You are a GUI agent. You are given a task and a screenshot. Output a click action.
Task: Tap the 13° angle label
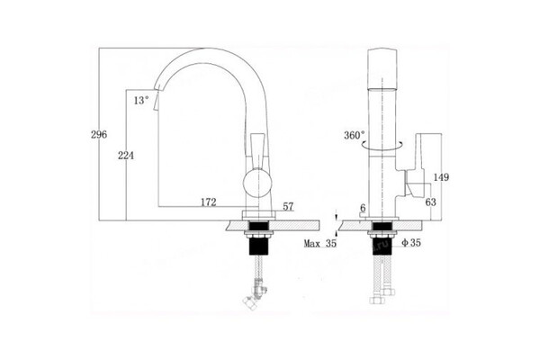[140, 101]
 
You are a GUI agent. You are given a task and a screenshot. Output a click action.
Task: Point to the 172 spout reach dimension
[209, 203]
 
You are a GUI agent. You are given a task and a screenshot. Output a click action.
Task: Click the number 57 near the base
[289, 207]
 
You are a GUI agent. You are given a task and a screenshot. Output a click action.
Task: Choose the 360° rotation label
[354, 136]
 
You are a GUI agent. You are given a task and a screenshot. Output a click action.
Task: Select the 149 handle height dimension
[443, 176]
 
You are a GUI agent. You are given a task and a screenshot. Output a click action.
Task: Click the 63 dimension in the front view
[431, 203]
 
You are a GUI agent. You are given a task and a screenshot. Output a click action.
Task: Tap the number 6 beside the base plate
[362, 208]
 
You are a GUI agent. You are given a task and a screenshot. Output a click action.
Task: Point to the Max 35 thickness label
[319, 243]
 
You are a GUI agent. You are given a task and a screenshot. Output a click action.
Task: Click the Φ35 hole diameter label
[409, 243]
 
